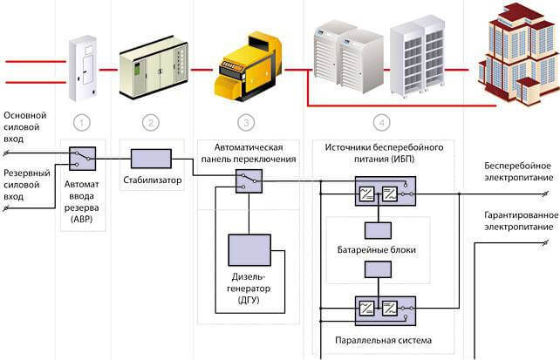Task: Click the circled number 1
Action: pyautogui.click(x=82, y=123)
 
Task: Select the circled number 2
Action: pyautogui.click(x=151, y=123)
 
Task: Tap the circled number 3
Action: pyautogui.click(x=246, y=123)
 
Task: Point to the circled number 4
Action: pyautogui.click(x=381, y=123)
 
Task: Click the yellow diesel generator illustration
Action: pyautogui.click(x=249, y=67)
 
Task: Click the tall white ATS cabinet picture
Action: pyautogui.click(x=83, y=68)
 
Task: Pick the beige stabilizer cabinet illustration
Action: pyautogui.click(x=154, y=67)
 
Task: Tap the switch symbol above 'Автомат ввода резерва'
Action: pyautogui.click(x=83, y=159)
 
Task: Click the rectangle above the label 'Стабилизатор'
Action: pyautogui.click(x=151, y=159)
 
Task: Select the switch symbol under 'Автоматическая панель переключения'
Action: pyautogui.click(x=249, y=181)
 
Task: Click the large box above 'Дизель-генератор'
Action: pyautogui.click(x=249, y=250)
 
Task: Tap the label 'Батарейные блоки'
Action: pyautogui.click(x=377, y=250)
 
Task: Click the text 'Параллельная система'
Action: pyautogui.click(x=383, y=340)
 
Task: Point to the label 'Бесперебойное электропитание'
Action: pyautogui.click(x=519, y=172)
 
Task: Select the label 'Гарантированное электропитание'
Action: pyautogui.click(x=521, y=221)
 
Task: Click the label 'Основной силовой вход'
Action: pyautogui.click(x=25, y=127)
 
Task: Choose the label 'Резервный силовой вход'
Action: pyautogui.click(x=27, y=185)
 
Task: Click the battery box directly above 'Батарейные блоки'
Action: pyautogui.click(x=378, y=230)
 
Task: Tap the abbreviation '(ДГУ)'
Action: pyautogui.click(x=249, y=300)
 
